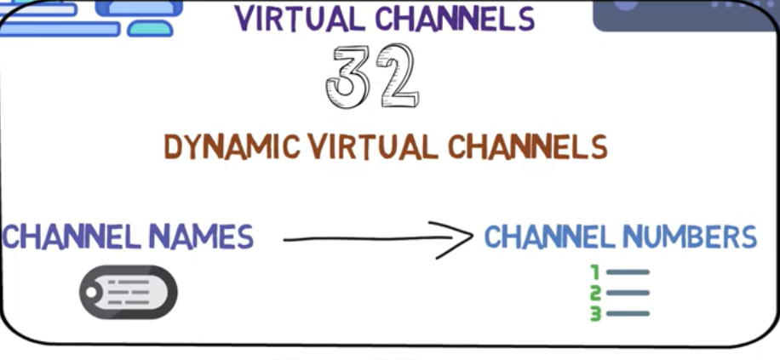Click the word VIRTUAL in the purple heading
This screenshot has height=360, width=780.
(x=295, y=18)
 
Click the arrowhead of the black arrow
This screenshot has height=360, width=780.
(x=461, y=239)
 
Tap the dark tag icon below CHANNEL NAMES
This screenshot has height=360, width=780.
(x=129, y=293)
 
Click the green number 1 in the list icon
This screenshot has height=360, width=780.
(x=596, y=272)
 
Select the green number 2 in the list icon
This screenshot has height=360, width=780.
(x=596, y=293)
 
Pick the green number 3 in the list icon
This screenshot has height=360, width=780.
(x=596, y=313)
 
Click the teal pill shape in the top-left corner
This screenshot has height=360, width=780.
(x=150, y=29)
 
